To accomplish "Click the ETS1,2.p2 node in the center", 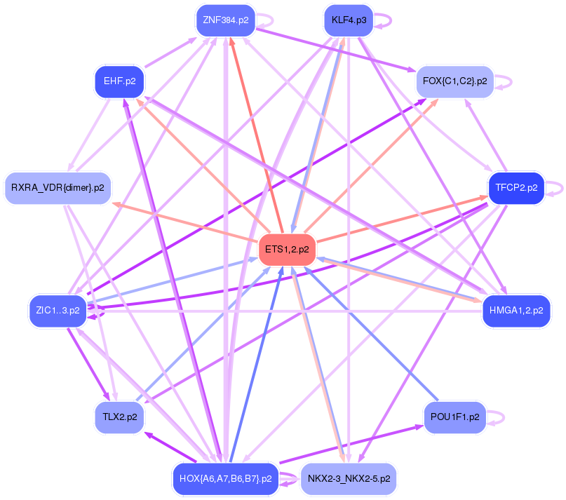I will [288, 250].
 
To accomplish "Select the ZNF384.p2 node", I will [225, 20].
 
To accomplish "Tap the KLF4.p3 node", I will [349, 20].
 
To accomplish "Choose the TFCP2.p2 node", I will [516, 188].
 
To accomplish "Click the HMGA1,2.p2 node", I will [516, 311].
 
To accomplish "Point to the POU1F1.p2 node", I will [454, 417].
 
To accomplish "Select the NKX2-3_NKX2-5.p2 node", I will [349, 479].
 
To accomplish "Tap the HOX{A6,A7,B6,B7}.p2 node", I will [225, 479].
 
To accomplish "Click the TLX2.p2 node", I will [119, 417].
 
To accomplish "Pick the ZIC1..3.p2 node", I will [58, 310].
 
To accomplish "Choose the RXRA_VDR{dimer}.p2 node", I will [58, 188].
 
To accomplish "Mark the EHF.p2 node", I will [119, 81].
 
